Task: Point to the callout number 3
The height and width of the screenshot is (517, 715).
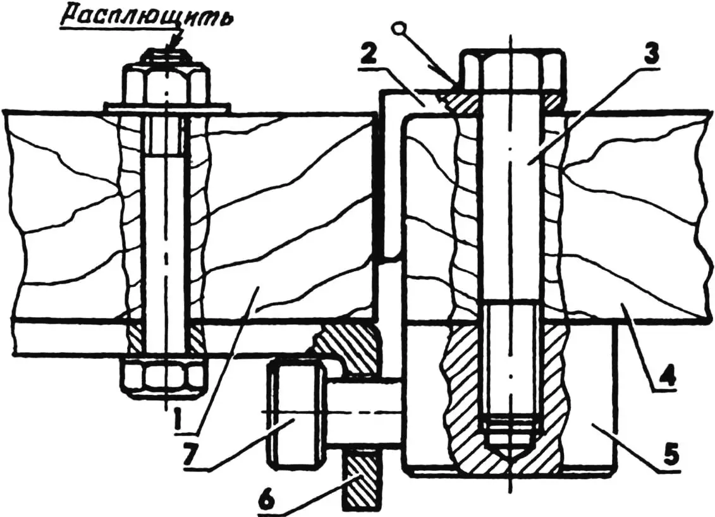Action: pos(646,55)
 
